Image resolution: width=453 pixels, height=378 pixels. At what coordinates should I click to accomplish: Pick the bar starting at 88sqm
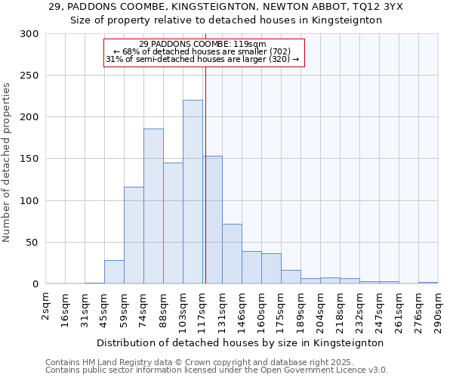point(173,223)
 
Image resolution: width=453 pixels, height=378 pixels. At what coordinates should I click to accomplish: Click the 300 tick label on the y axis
point(29,34)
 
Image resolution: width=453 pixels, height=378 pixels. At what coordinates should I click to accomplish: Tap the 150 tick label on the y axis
point(29,159)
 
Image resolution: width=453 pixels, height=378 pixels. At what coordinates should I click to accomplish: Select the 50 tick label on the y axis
point(32,243)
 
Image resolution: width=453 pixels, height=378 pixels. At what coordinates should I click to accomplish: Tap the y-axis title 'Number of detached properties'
point(7,163)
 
